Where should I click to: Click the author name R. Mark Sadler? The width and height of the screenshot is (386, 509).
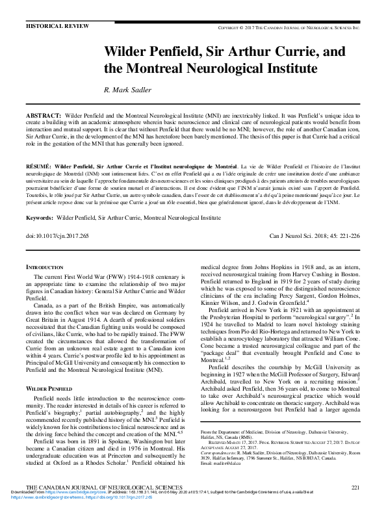(x=133, y=90)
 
